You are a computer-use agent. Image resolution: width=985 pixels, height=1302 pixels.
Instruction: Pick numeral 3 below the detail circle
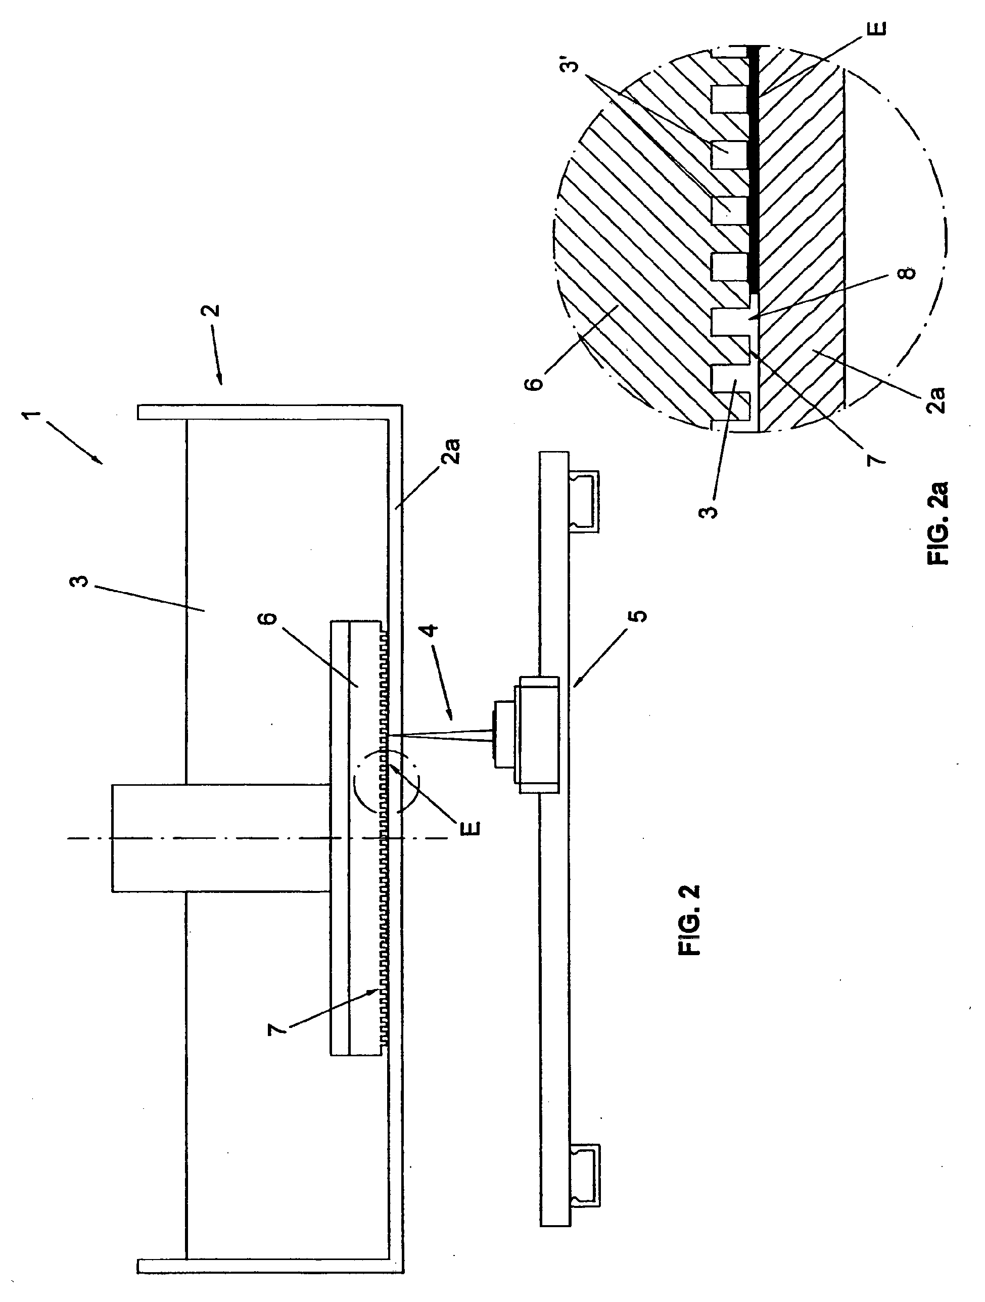(x=712, y=507)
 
